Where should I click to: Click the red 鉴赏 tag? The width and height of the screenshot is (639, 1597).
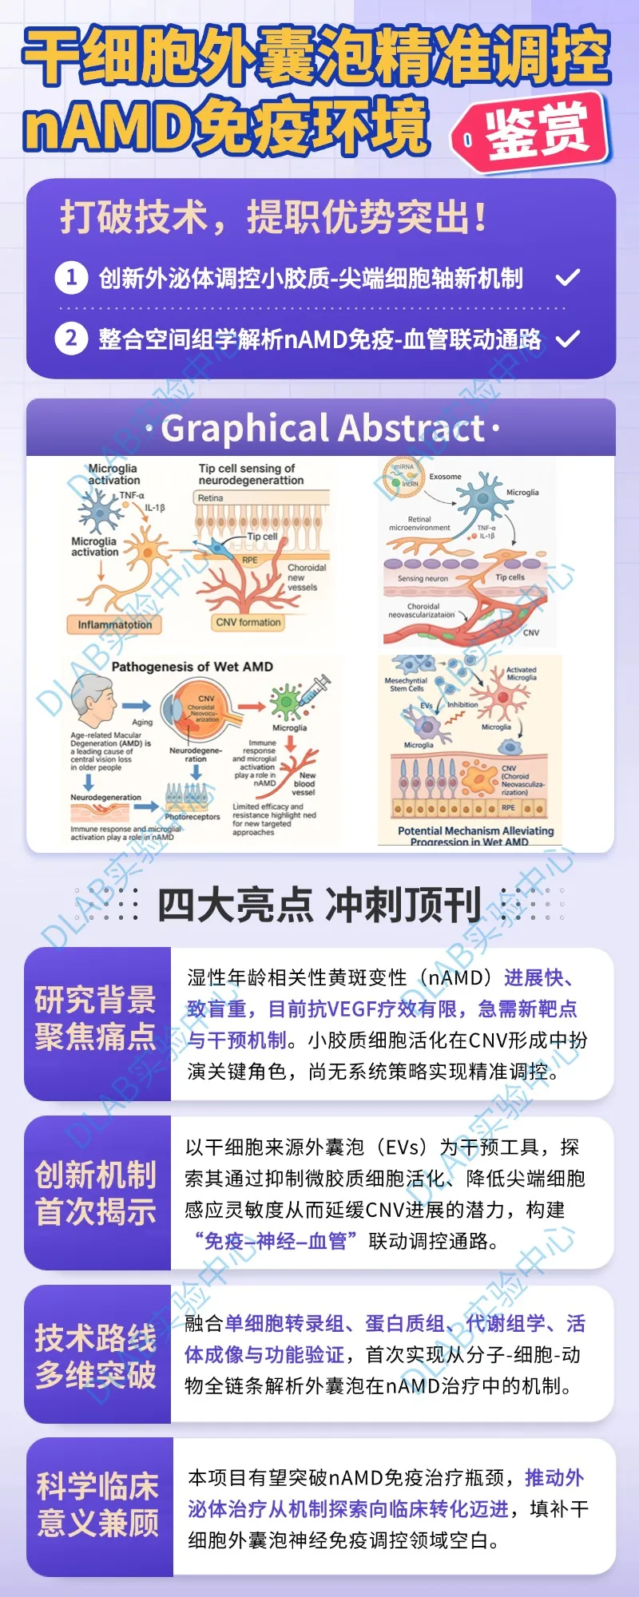pos(534,132)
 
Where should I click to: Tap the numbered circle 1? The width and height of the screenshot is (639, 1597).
pos(71,277)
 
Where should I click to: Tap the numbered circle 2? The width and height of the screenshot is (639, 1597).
pos(71,339)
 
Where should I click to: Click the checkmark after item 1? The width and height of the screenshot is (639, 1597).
pos(567,278)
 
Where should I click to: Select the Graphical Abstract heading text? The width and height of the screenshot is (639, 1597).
pos(322,429)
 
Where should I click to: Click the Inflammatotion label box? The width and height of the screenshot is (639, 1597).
pos(114,624)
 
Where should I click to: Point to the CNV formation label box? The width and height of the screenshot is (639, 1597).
pos(248,622)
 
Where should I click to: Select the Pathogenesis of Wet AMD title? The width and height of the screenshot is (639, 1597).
pos(192,667)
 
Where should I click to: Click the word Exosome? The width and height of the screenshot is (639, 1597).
pos(445,477)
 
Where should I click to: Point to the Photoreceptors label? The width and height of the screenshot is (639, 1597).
pos(192,817)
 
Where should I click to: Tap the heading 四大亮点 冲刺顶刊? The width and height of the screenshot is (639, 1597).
pos(319,905)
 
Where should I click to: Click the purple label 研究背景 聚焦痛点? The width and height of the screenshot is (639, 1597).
pos(96,1018)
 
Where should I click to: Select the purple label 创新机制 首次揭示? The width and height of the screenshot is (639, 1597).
pos(96,1193)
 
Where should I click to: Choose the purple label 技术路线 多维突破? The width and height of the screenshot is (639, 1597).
pos(96,1356)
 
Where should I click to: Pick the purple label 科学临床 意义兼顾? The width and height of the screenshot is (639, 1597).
pos(97,1505)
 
